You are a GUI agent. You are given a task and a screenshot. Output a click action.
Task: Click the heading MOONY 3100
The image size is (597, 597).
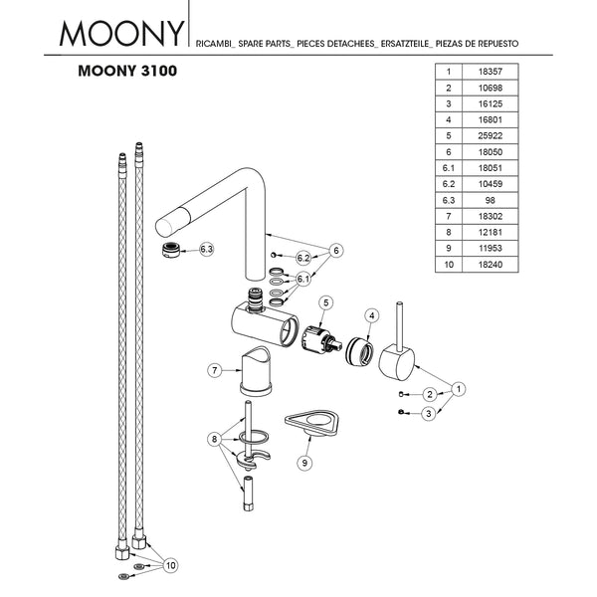pos(127,73)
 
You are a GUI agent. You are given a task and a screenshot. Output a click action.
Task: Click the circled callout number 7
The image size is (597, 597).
pos(213,370)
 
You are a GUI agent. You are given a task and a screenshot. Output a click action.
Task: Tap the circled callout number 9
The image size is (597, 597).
pos(304,462)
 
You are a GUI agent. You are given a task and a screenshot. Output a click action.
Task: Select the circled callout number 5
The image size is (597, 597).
pos(325,301)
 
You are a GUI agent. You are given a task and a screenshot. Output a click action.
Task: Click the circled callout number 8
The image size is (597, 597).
pos(213,439)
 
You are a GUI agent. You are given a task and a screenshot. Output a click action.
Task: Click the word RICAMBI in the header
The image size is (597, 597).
pos(224,45)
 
